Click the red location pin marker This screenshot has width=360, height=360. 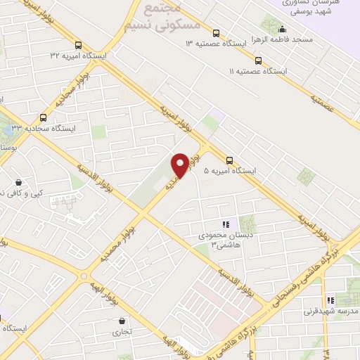(180, 165)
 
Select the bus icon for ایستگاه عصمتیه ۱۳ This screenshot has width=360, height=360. (216, 32)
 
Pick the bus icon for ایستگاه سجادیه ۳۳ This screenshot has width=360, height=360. (44, 117)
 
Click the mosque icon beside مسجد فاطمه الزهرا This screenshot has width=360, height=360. (282, 30)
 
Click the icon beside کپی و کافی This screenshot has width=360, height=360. (18, 181)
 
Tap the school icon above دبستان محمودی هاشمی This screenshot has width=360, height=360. (226, 224)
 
